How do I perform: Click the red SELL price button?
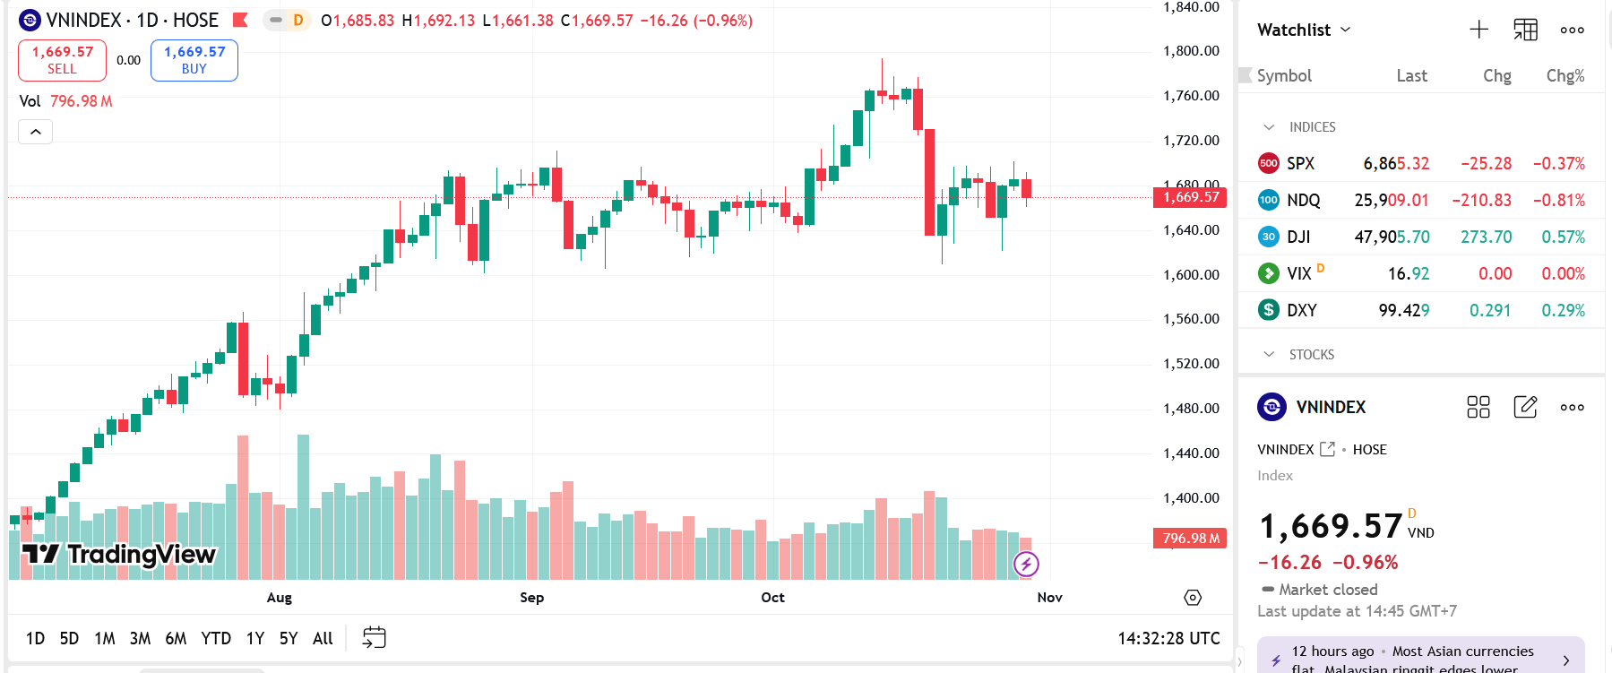[62, 60]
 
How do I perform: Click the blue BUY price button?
[194, 60]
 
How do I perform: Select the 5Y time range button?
[288, 638]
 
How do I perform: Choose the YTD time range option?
[216, 638]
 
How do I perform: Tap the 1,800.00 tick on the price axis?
[1191, 51]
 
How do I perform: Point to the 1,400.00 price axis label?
[1191, 498]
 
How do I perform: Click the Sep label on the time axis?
[531, 598]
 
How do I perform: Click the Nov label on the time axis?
[1049, 598]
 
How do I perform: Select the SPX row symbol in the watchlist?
[1300, 164]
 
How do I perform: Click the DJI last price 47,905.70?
[1392, 237]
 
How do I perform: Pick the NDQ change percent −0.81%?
[1558, 201]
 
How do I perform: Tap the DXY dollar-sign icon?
[1268, 310]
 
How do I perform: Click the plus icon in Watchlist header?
[1478, 30]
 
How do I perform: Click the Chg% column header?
[1565, 76]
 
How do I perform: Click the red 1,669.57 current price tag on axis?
[1190, 197]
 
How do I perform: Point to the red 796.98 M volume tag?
[1190, 539]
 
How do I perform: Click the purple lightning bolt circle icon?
[1026, 564]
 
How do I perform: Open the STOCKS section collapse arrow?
[1269, 355]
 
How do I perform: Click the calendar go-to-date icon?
[374, 638]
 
